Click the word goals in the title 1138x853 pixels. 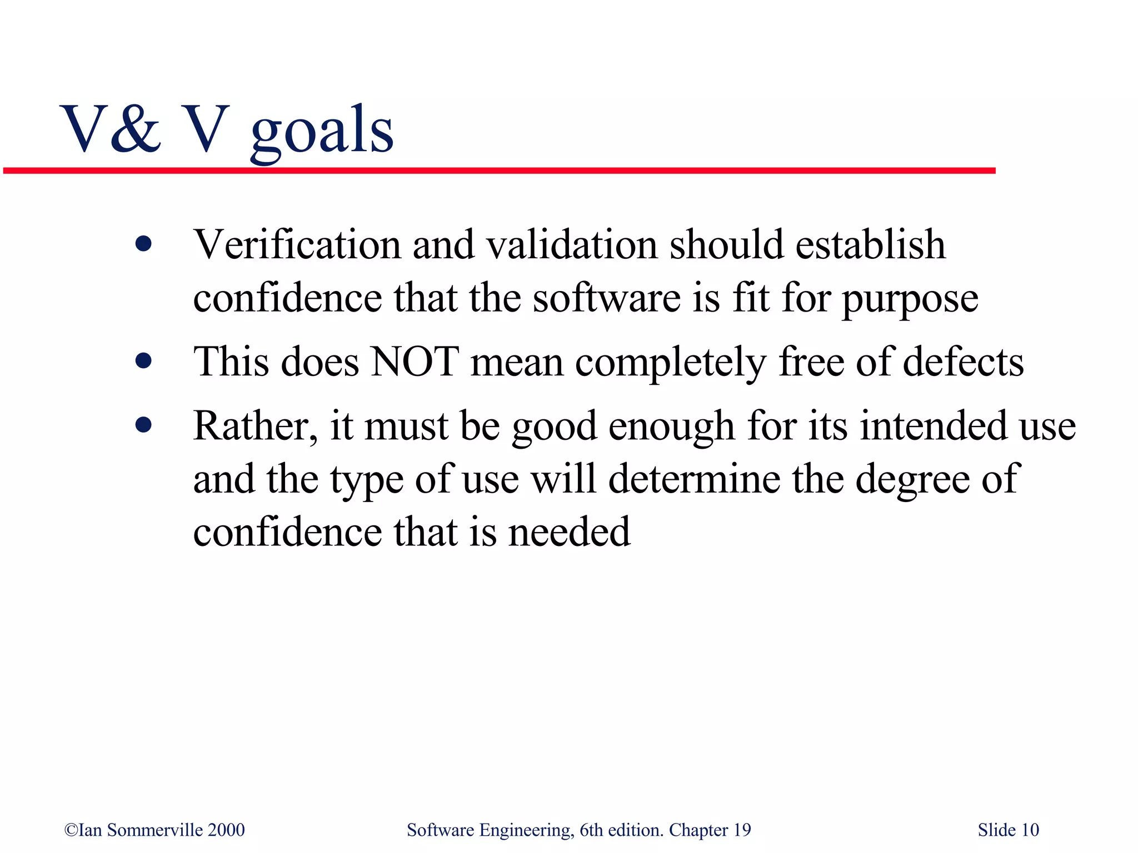pos(322,131)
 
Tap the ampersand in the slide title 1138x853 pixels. pos(134,129)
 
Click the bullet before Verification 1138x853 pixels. pos(143,244)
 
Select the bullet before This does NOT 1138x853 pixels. pos(143,361)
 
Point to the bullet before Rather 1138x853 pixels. pos(143,425)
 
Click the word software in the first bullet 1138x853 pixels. pos(607,298)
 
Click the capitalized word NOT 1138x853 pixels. pos(415,362)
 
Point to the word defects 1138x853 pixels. pos(964,362)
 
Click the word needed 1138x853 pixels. pos(570,532)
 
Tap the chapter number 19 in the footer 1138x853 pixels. pos(742,830)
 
